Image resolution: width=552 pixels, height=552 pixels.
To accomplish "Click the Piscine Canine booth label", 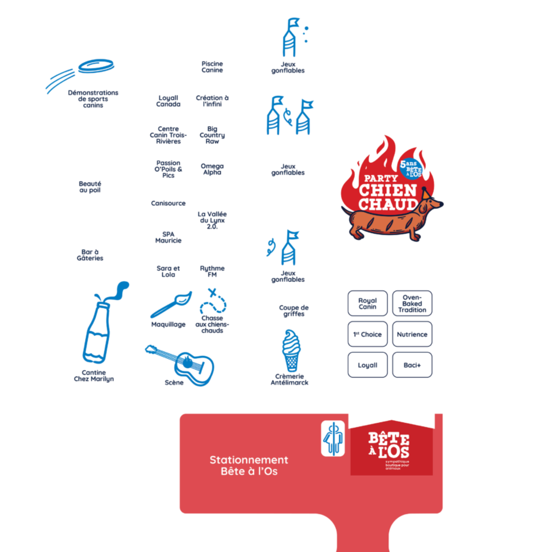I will pos(212,67).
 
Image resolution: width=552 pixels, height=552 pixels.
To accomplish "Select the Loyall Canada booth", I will pos(168,101).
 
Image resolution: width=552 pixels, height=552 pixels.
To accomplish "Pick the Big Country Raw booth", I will pos(212,135).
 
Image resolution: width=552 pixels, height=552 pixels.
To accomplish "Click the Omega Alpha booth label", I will pos(212,169).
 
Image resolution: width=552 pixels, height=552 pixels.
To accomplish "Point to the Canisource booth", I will pos(168,203).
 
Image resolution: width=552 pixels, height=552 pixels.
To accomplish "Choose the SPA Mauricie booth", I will pos(168,237).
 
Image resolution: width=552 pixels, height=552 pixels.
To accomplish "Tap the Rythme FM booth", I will pos(212,271).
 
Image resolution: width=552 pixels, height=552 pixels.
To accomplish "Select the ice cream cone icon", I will pos(291,350).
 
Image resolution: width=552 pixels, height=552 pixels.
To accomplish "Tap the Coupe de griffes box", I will pos(294,310).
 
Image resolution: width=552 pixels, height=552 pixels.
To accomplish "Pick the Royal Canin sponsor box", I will pos(368,303).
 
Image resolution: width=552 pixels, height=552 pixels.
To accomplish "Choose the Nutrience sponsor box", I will pos(412,334).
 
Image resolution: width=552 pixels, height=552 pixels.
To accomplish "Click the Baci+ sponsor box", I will pos(412,365).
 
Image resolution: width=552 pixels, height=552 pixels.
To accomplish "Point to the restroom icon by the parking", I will pos(333,439).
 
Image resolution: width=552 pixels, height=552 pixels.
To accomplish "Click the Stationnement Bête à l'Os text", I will pos(249,466).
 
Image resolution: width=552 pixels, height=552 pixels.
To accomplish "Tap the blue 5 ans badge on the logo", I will pos(411,169).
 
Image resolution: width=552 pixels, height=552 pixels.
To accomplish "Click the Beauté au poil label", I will pos(90,187).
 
